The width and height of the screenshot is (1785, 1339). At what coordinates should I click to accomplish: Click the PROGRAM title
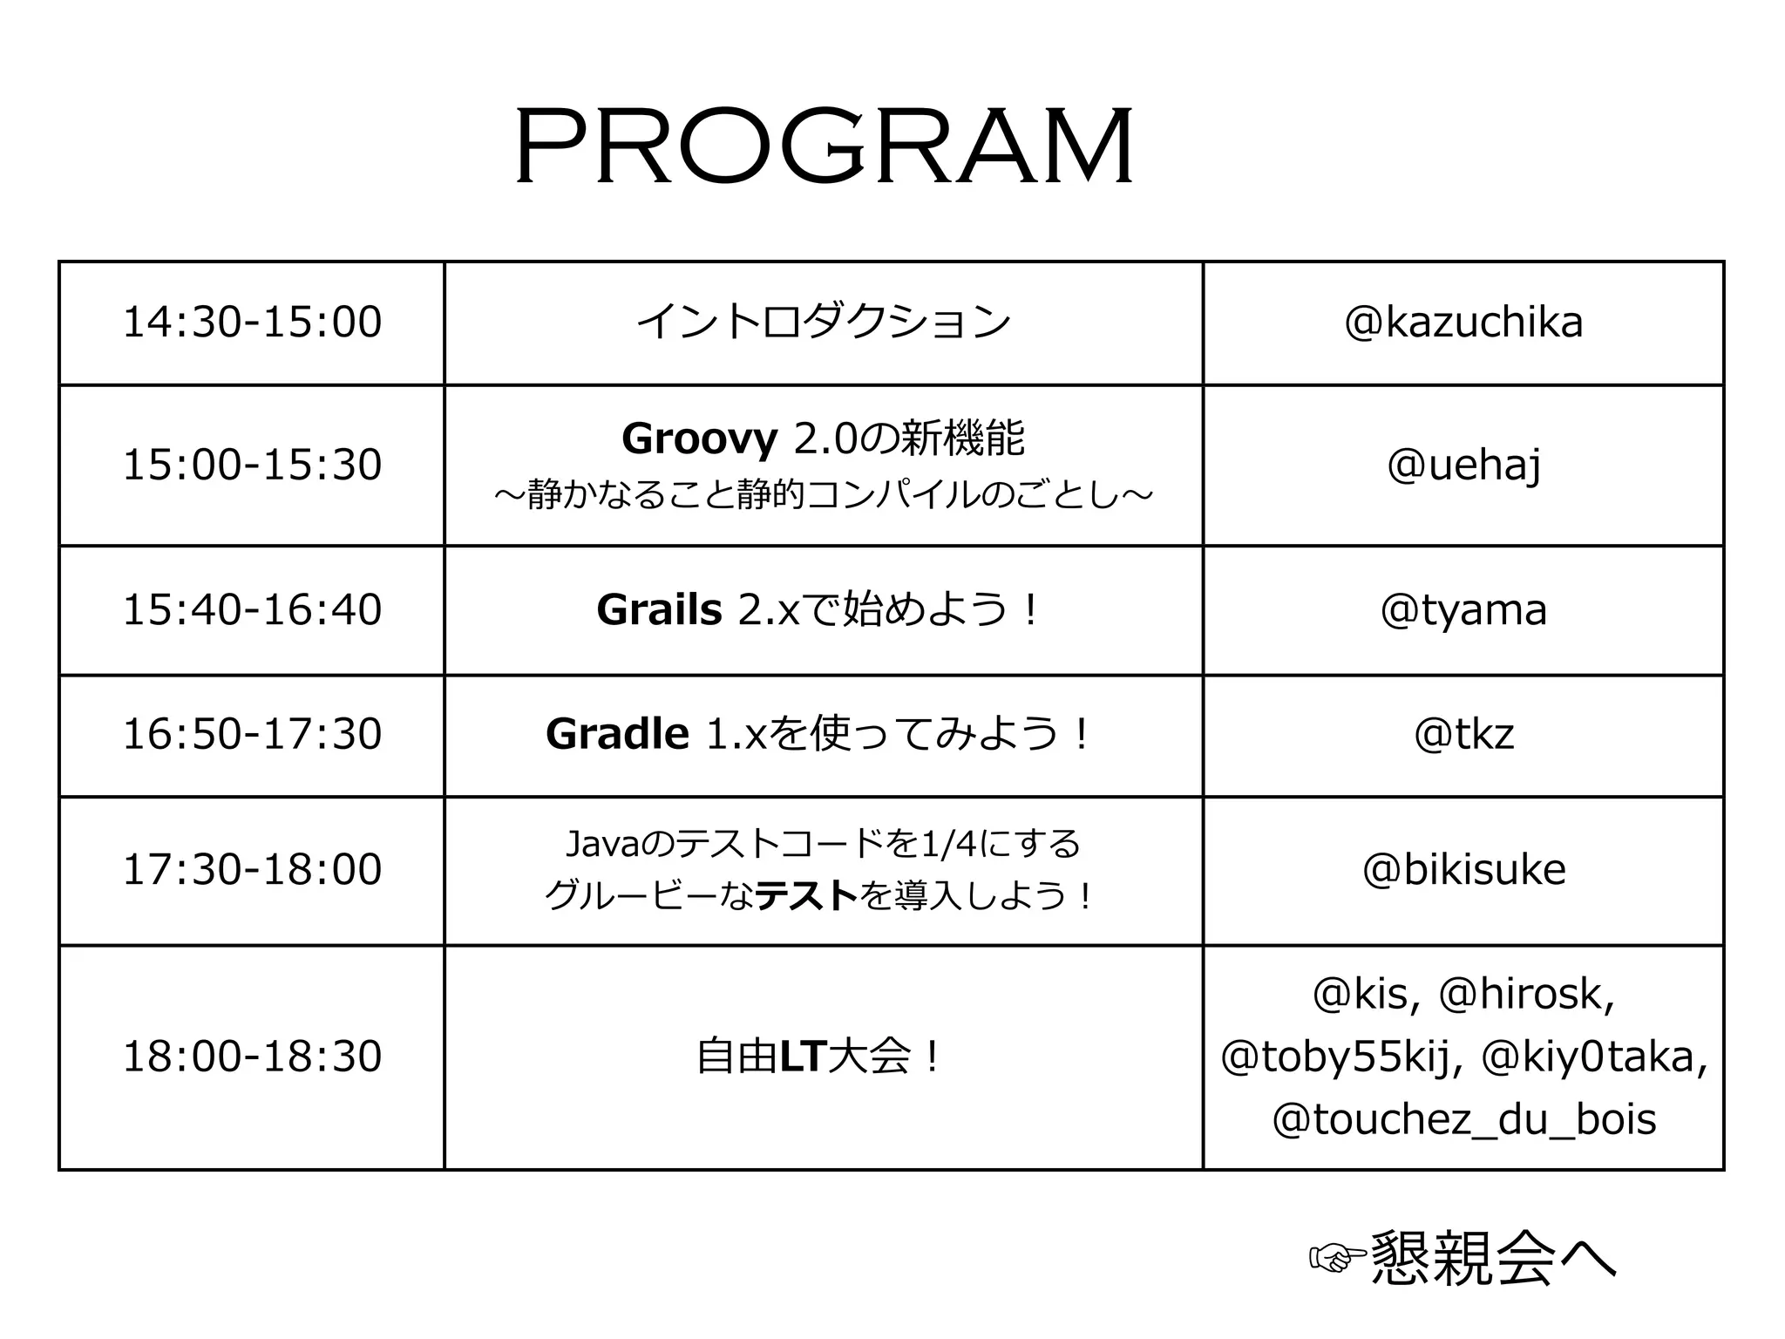824,146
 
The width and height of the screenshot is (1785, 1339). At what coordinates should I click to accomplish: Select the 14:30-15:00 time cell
252,322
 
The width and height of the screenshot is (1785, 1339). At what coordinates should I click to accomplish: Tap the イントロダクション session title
823,322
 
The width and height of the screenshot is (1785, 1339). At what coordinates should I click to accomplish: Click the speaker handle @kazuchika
1463,322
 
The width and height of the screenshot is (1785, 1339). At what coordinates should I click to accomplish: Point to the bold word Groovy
699,438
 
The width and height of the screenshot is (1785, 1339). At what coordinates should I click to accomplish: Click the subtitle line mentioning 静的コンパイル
823,495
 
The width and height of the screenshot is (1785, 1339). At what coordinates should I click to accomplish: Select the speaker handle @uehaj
1463,465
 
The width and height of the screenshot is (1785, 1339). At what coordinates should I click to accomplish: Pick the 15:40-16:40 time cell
252,609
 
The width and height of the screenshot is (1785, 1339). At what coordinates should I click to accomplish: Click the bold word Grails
659,609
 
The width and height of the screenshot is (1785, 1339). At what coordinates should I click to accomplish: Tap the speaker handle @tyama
1463,609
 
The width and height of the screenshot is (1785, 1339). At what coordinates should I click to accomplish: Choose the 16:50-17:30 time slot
252,734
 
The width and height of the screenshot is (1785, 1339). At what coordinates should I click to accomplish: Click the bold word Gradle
617,734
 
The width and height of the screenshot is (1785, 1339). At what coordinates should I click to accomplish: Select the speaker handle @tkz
1463,734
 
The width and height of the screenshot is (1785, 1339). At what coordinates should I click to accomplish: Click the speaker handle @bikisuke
1463,870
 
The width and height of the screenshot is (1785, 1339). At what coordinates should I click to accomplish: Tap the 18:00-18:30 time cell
252,1057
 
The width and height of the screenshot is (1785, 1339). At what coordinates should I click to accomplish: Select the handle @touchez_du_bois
1463,1119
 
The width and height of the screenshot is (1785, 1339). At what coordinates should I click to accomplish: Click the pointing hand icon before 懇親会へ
1337,1257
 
